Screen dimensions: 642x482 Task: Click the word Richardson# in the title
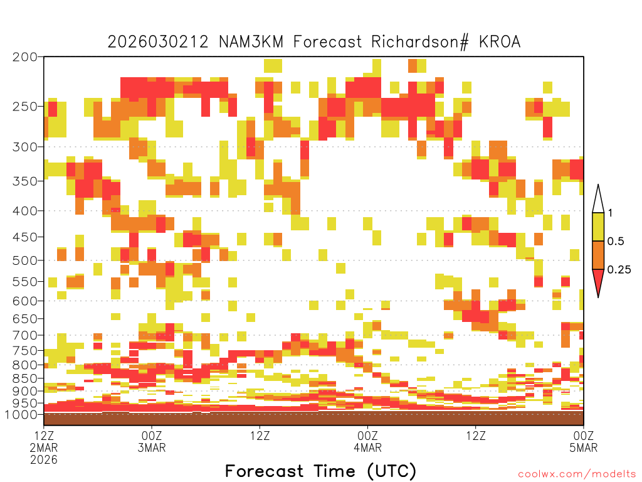pyautogui.click(x=419, y=42)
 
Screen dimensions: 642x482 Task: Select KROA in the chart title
pyautogui.click(x=500, y=42)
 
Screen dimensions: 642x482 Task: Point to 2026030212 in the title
pyautogui.click(x=158, y=42)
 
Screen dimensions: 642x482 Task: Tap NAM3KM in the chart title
pyautogui.click(x=251, y=42)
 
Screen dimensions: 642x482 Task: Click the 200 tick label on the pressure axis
pyautogui.click(x=25, y=57)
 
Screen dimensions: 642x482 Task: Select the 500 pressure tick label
pyautogui.click(x=25, y=260)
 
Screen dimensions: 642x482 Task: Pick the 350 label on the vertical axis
pyautogui.click(x=25, y=181)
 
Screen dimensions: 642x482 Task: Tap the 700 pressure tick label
pyautogui.click(x=25, y=335)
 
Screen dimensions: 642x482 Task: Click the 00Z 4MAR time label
pyautogui.click(x=367, y=441)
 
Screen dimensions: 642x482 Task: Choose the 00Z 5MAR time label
pyautogui.click(x=584, y=441)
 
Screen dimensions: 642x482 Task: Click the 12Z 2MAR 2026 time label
pyautogui.click(x=44, y=447)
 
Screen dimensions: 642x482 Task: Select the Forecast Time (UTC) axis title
pyautogui.click(x=320, y=471)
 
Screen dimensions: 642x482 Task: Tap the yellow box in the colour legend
pyautogui.click(x=598, y=227)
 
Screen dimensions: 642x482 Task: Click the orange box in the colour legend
pyautogui.click(x=598, y=255)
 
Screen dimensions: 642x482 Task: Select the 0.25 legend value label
pyautogui.click(x=619, y=270)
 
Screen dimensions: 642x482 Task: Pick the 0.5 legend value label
pyautogui.click(x=616, y=241)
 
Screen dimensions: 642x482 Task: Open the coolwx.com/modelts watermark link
pyautogui.click(x=577, y=474)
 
